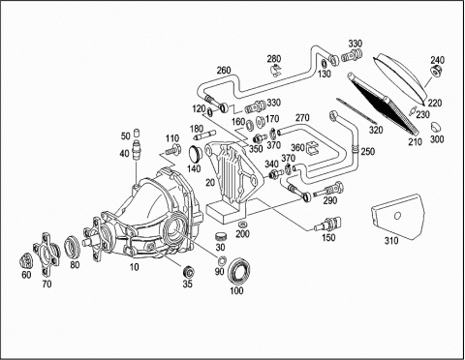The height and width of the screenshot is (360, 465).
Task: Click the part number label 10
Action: coord(134,267)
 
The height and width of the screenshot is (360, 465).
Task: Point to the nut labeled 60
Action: coord(26,261)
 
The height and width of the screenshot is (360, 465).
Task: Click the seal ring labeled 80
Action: coord(73,247)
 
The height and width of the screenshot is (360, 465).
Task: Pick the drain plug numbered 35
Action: coord(188,272)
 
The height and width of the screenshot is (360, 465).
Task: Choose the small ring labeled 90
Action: coord(222,260)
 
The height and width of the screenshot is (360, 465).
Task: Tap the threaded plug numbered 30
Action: coord(221,236)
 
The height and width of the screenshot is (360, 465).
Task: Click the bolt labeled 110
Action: coord(173,149)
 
